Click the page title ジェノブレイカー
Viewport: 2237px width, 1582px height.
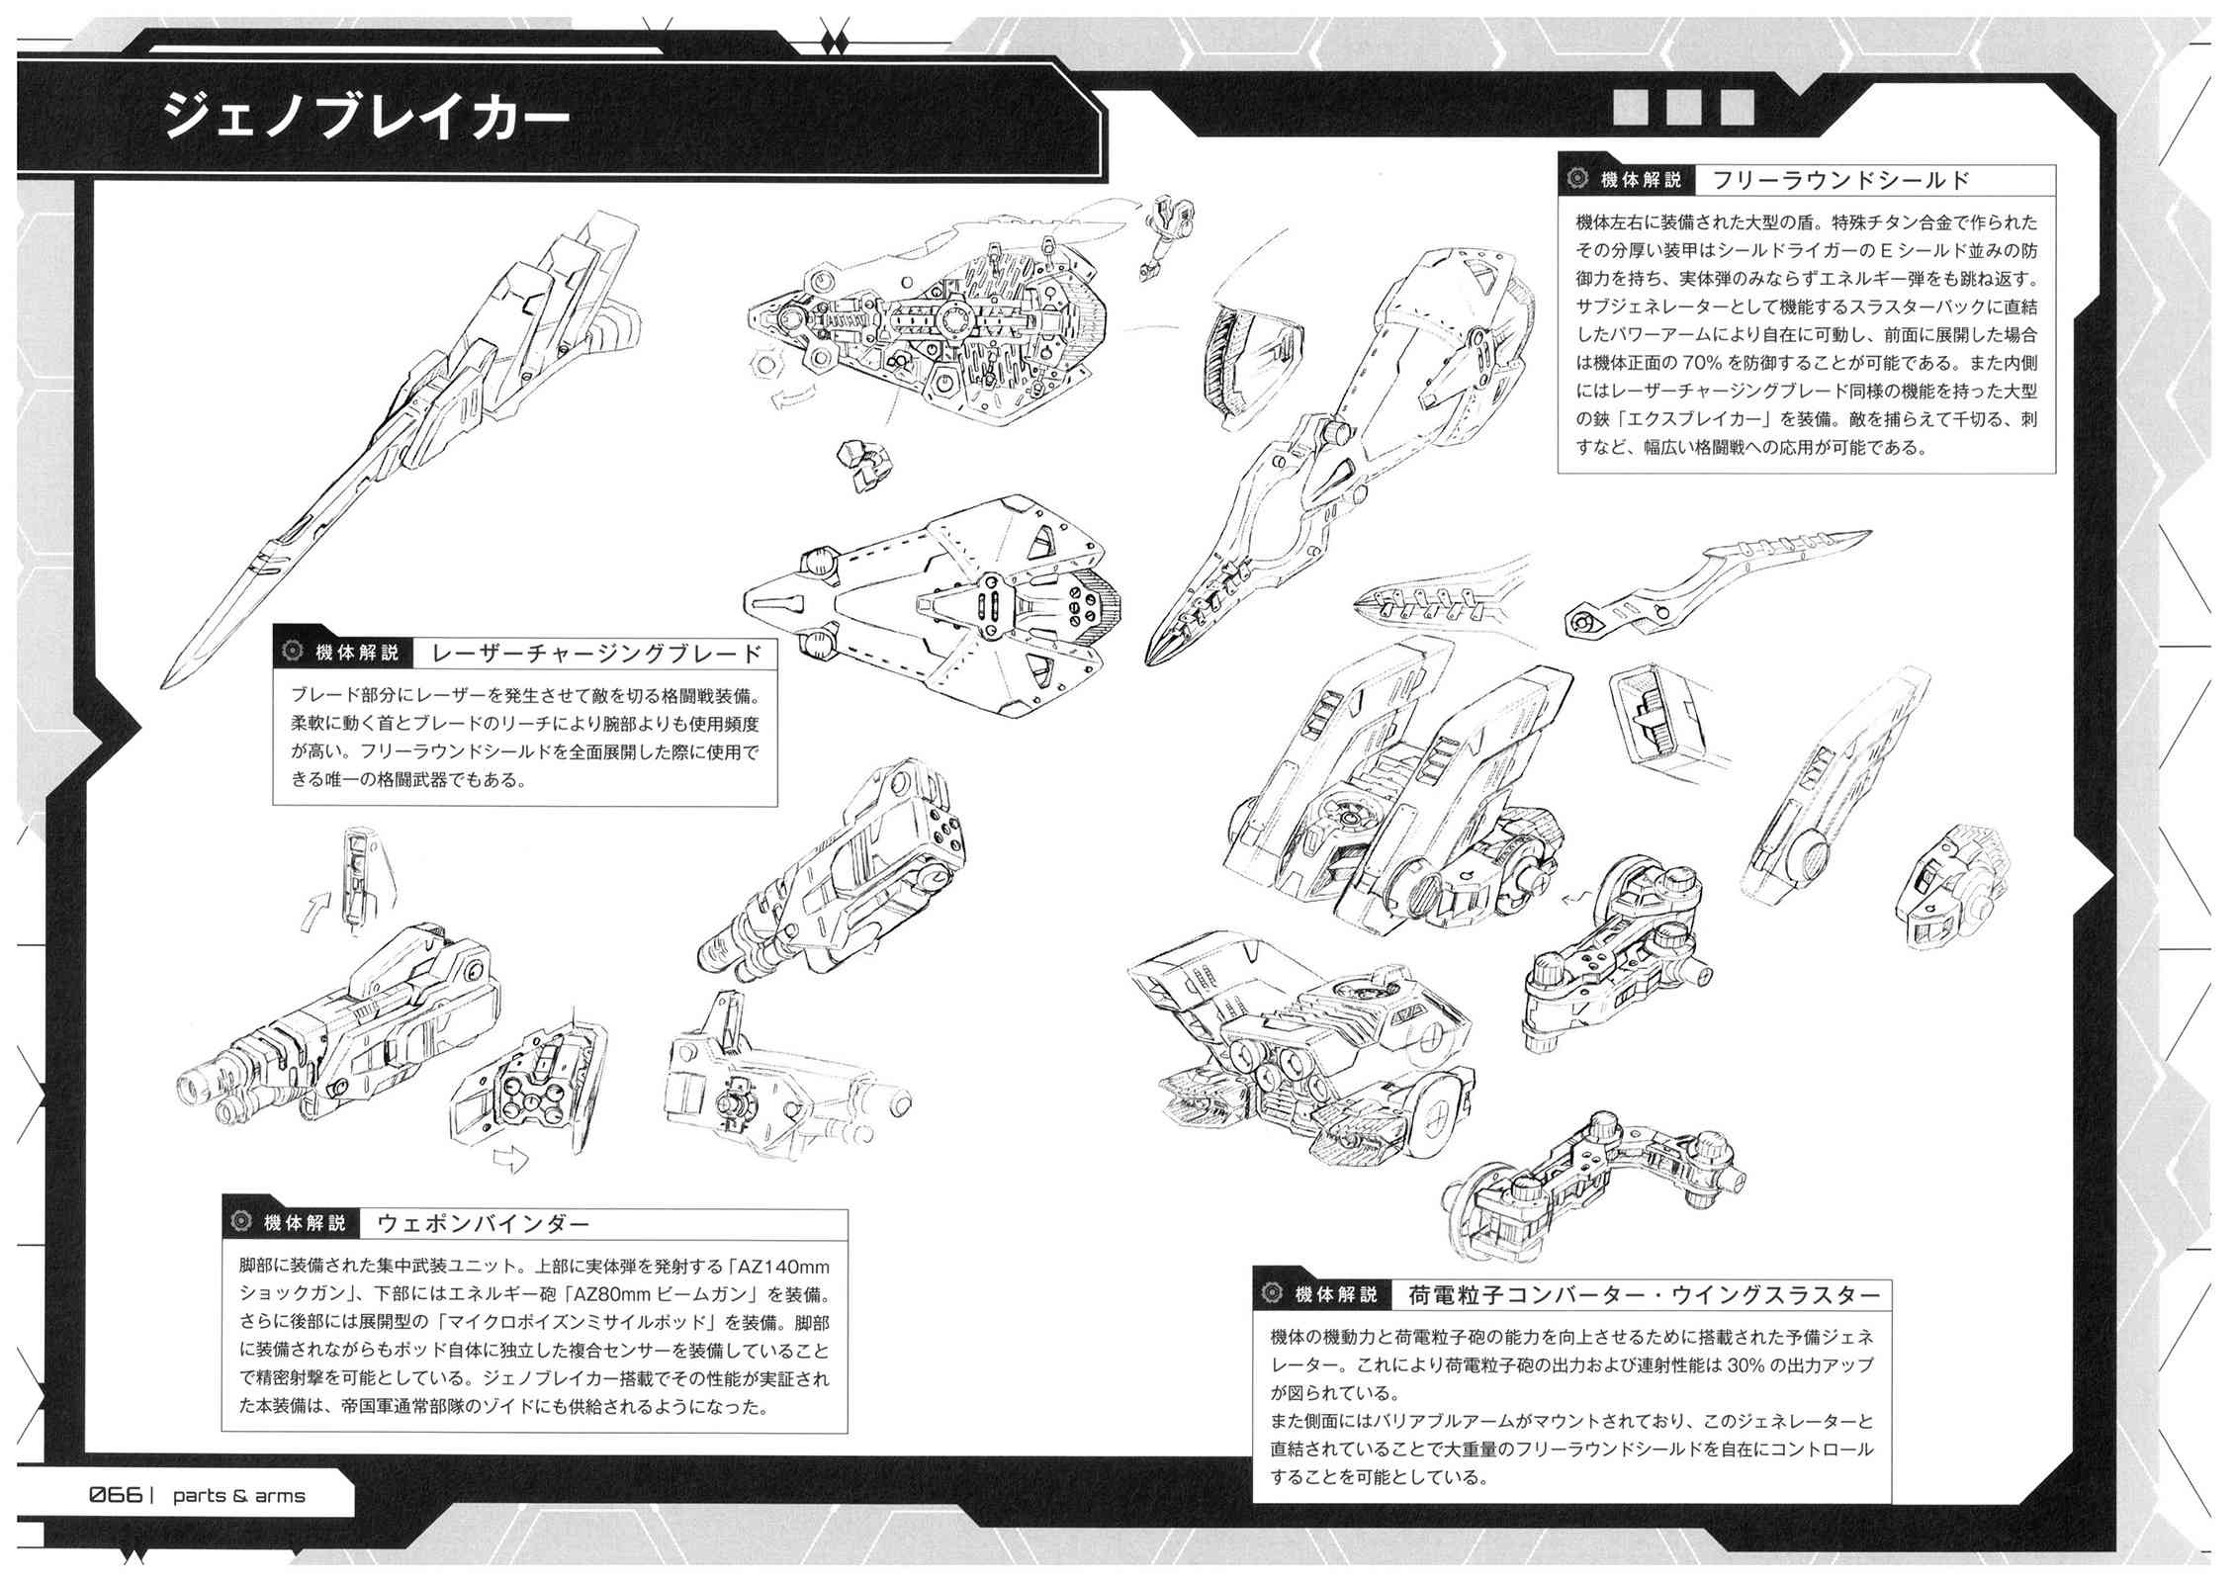coord(368,117)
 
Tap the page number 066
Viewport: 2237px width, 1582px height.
coord(117,1494)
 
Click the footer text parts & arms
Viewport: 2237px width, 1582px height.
coord(239,1496)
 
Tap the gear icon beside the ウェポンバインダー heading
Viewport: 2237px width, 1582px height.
coord(239,1222)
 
